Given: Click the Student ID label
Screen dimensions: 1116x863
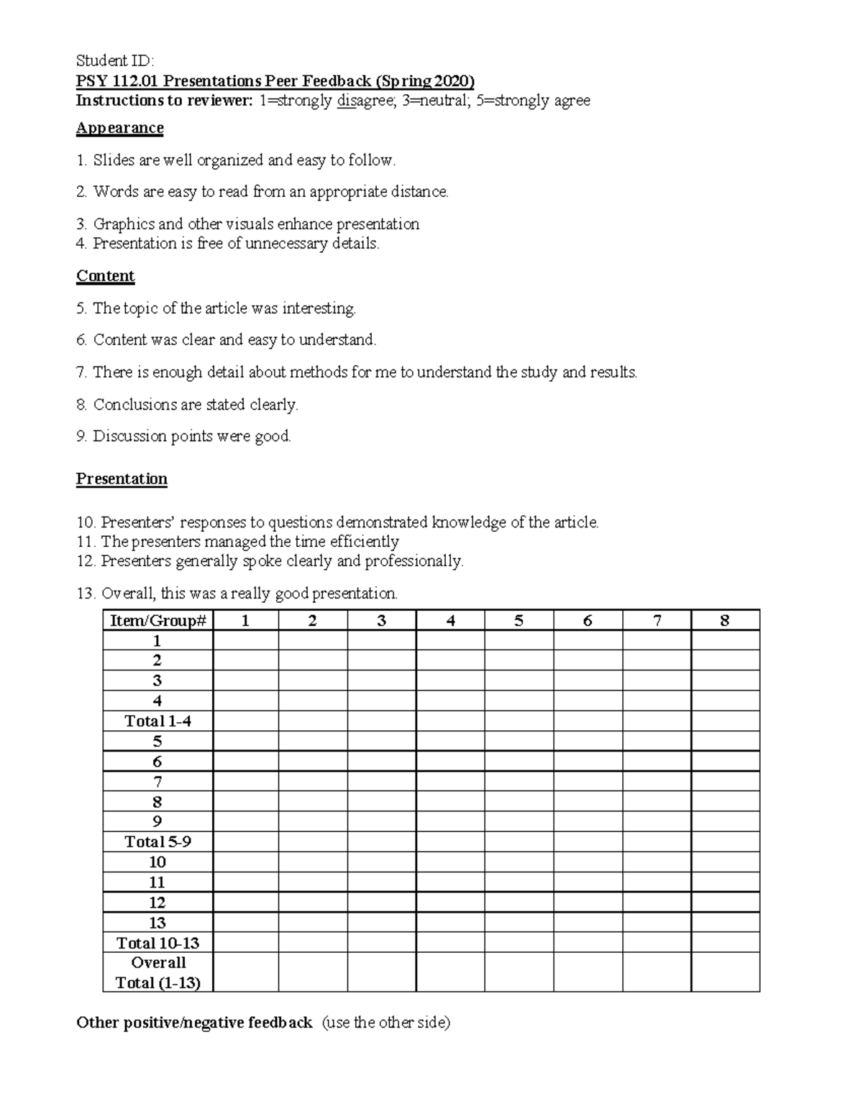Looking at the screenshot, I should tap(114, 60).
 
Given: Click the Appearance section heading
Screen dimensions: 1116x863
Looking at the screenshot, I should tap(120, 128).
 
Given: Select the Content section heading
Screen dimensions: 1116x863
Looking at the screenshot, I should tap(106, 276).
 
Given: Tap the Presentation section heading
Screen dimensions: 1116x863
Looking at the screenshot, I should tap(122, 479).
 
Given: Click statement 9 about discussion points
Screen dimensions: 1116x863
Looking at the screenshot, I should tap(183, 436).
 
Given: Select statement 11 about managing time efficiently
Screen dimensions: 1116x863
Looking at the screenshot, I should tap(237, 541).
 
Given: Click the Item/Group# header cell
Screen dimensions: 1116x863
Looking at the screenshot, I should tap(157, 621).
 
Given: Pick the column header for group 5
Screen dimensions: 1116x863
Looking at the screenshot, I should tap(519, 621).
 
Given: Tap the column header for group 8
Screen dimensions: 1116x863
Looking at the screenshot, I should tap(725, 621).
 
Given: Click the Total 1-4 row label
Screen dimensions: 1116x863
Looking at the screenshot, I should tap(157, 721).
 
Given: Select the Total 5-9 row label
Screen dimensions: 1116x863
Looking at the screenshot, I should tap(157, 842).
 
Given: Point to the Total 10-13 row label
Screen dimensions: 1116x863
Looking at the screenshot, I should tap(157, 943).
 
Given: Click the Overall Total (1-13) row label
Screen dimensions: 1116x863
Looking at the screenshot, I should tap(157, 972).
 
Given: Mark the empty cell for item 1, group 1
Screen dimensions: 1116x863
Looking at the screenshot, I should tap(245, 641).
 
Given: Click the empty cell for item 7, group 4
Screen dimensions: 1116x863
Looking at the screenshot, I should tap(450, 782).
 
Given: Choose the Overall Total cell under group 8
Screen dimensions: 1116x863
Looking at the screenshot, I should tap(725, 972).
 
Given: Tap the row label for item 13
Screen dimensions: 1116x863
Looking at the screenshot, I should tap(157, 923).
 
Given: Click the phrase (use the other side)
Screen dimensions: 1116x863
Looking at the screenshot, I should tap(385, 1023).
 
